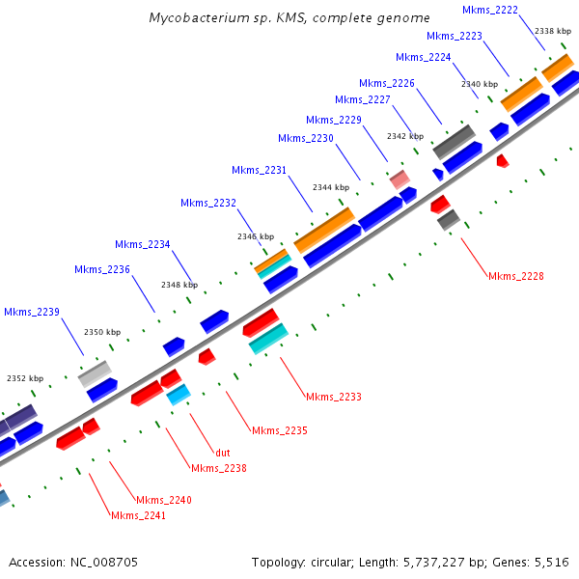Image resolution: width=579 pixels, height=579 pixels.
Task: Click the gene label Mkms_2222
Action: coord(490,10)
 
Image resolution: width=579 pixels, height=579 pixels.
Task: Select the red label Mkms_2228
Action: coord(515,276)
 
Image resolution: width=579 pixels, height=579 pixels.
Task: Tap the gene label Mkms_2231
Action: coord(259,170)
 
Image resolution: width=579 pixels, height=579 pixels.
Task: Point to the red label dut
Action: coord(223,452)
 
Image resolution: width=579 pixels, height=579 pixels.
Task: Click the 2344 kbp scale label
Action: coord(331,187)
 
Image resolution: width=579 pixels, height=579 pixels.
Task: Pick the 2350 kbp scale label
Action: coord(102,332)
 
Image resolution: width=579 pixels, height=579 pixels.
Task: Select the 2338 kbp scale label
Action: coord(551,31)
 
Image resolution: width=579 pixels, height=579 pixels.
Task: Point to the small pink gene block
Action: coord(399,179)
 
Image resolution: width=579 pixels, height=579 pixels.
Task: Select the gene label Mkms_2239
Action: coord(32,312)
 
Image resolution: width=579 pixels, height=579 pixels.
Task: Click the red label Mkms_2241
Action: coord(139,515)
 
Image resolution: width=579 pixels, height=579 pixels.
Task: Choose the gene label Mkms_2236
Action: coord(102,268)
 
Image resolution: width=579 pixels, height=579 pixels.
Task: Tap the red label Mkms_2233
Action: coord(333,397)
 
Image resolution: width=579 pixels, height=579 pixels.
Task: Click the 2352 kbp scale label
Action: coord(25,379)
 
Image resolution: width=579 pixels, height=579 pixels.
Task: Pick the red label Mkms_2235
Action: coord(279,430)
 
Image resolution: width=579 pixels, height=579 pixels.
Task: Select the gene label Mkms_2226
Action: coord(387,83)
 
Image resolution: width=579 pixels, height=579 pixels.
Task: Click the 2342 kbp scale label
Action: coord(405,136)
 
